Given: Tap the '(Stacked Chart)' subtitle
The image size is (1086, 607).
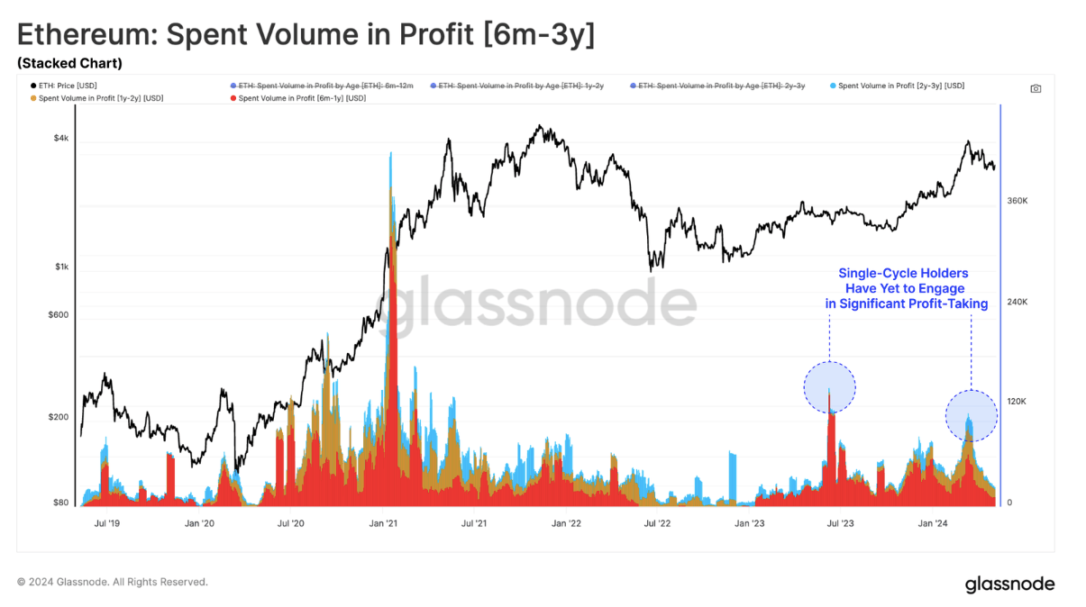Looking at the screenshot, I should (x=69, y=63).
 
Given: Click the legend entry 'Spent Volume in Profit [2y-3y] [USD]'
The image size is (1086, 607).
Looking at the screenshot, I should (x=900, y=86).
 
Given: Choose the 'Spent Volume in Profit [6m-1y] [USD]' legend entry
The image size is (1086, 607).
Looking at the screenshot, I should (x=301, y=98).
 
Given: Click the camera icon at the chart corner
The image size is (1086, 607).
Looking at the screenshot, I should (x=1036, y=88).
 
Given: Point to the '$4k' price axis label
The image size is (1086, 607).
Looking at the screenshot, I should (x=61, y=139).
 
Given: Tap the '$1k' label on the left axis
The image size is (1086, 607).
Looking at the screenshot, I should (x=61, y=267).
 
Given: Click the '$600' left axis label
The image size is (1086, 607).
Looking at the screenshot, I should (x=59, y=315).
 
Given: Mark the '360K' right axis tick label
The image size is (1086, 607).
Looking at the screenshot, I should (x=1017, y=201).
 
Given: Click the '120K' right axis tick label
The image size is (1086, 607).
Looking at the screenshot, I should (x=1017, y=402).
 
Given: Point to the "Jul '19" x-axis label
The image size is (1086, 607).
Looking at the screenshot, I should (x=107, y=522).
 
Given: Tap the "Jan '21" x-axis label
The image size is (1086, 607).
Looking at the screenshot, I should (x=384, y=522).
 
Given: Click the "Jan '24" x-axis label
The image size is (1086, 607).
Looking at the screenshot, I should (x=932, y=522).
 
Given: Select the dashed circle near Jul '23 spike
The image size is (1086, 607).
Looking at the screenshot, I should (x=830, y=388).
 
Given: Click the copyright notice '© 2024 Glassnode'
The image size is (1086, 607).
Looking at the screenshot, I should (x=113, y=582).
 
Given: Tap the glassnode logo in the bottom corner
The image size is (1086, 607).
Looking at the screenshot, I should (x=1009, y=584).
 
